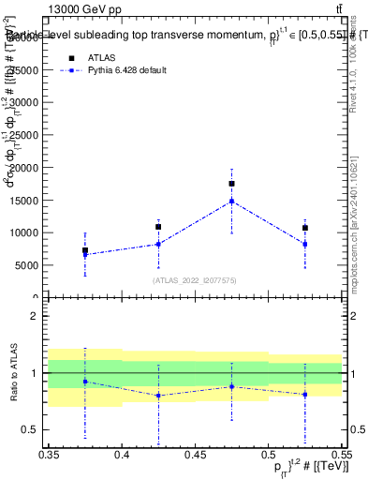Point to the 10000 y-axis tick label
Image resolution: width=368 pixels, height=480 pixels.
point(25,232)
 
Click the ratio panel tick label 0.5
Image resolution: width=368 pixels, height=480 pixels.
point(30,430)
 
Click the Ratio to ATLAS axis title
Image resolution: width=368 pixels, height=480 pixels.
point(14,373)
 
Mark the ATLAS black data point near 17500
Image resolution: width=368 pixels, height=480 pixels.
point(231,184)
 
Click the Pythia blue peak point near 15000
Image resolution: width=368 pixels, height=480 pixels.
point(231,201)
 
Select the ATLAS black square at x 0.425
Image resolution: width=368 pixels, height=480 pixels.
point(158,227)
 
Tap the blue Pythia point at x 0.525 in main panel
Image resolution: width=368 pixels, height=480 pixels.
point(304,244)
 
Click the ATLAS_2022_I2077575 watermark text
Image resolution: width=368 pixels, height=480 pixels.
point(195,279)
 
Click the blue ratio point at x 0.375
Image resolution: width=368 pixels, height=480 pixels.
point(85,382)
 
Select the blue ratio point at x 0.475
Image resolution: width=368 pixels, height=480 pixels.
point(231,386)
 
